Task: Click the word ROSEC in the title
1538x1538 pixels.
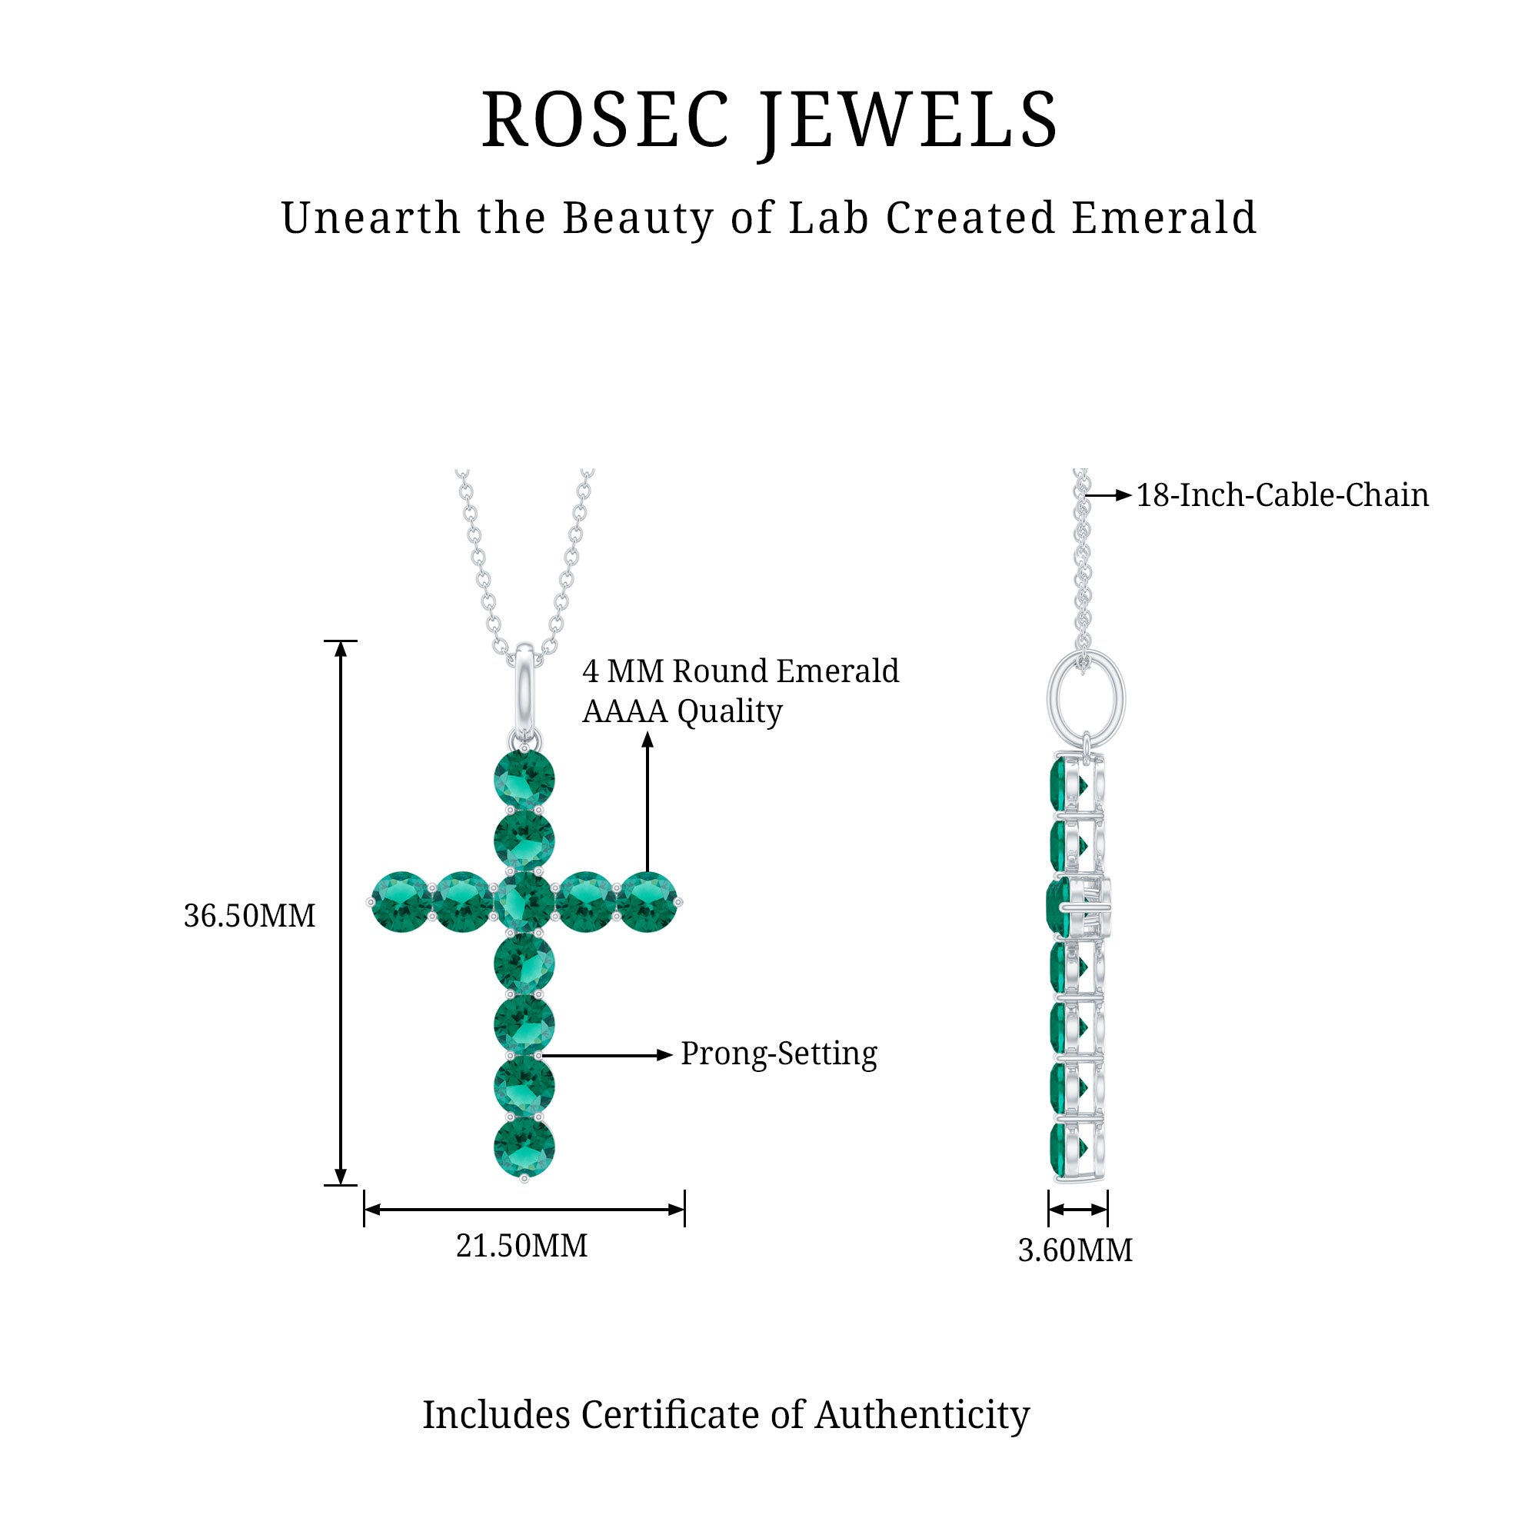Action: pos(605,120)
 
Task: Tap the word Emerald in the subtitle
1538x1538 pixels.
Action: pos(1163,218)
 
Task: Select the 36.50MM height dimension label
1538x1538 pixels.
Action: pos(249,917)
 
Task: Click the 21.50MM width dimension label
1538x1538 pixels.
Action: pos(521,1246)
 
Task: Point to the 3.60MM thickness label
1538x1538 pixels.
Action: pos(1075,1250)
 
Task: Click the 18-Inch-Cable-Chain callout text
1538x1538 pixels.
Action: pos(1282,495)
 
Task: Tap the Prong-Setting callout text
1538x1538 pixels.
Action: pos(778,1054)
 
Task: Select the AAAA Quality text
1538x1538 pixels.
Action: pos(682,711)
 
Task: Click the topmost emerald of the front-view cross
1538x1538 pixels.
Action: pos(524,778)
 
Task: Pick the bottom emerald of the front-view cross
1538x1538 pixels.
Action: pos(524,1147)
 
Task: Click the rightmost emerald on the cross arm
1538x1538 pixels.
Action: pos(647,901)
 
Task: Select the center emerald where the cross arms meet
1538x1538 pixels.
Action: pos(524,901)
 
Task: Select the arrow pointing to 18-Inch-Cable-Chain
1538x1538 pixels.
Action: pos(1108,495)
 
